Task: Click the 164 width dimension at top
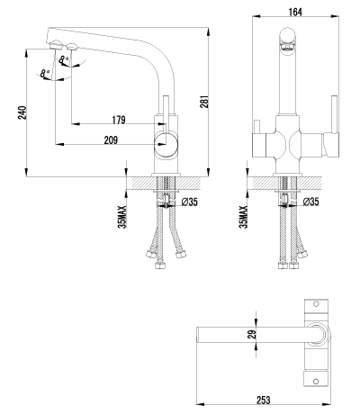[293, 10]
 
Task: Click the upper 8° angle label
[63, 59]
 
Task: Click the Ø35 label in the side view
[191, 202]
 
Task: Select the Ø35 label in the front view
[312, 202]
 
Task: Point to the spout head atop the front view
[286, 38]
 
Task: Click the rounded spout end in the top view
[199, 334]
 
